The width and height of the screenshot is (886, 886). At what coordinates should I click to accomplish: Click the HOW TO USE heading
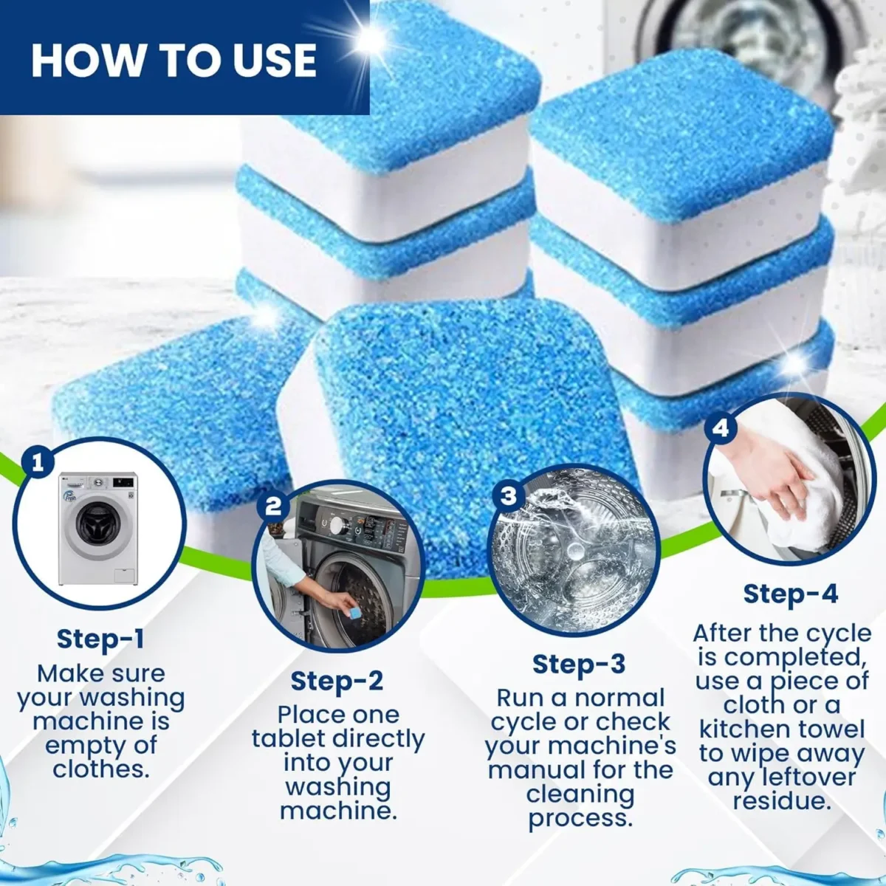click(174, 60)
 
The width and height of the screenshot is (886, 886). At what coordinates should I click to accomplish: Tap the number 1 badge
click(38, 463)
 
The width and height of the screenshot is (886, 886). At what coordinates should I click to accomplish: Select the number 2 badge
click(273, 506)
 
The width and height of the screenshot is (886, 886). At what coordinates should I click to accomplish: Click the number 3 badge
click(508, 495)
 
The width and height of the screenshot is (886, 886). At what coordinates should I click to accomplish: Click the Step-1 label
click(101, 639)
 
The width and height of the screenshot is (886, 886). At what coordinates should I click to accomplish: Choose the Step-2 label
click(337, 681)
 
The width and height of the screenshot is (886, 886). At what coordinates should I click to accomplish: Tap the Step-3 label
click(579, 664)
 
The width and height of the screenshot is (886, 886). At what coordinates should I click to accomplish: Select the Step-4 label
click(790, 593)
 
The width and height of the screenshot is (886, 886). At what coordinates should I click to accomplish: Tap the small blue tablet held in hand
click(346, 610)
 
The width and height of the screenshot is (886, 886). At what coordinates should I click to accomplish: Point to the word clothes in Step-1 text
click(98, 769)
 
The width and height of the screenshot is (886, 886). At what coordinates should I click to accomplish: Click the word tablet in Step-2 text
click(289, 739)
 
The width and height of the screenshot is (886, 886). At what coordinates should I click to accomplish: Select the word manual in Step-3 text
click(533, 770)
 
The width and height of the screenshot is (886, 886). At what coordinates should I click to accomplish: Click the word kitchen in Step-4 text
click(744, 729)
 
